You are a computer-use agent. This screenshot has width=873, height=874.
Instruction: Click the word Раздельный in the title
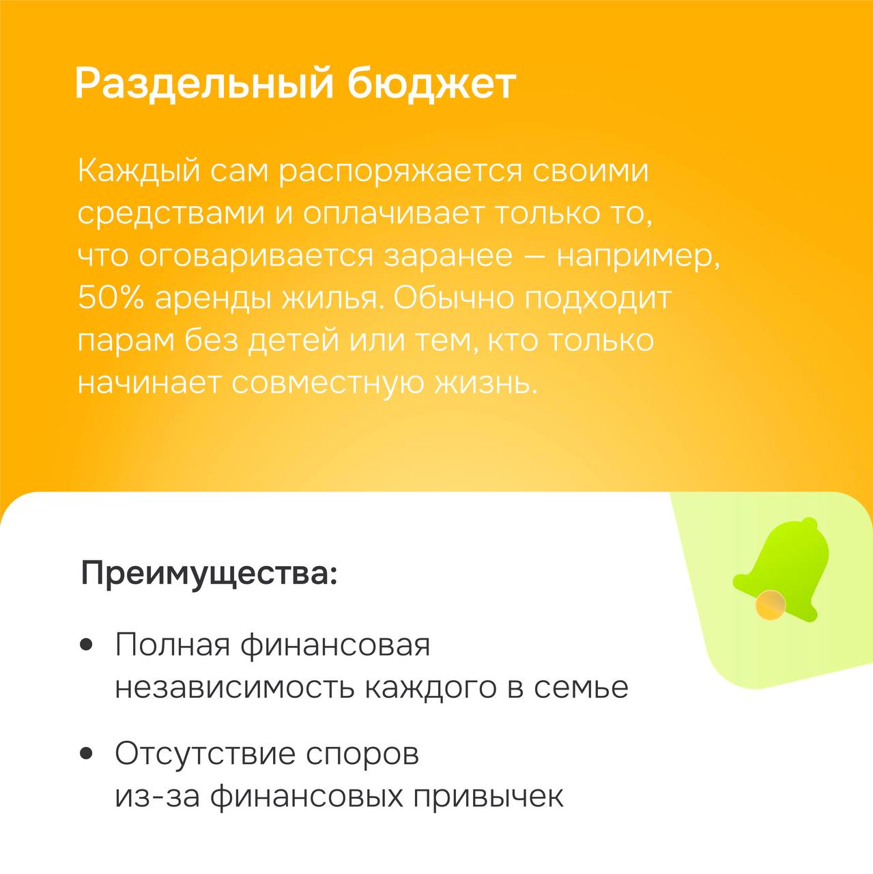coord(205,83)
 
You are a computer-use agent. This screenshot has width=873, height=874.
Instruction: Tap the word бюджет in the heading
coord(432,83)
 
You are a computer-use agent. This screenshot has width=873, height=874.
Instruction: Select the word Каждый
coord(139,172)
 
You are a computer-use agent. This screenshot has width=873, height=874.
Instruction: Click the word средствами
coord(171,215)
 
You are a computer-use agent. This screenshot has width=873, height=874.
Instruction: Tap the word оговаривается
coord(256,257)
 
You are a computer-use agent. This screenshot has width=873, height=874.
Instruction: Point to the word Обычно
coord(453,298)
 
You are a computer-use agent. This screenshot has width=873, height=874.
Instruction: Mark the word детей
coord(294,341)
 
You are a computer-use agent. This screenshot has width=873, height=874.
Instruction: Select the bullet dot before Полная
coord(86,645)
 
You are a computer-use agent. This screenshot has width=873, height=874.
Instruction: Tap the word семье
coord(581,688)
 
